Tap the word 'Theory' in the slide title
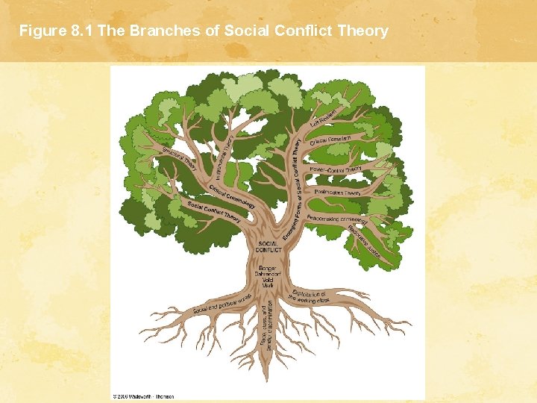363,31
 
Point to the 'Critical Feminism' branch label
330,140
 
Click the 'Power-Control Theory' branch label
336,169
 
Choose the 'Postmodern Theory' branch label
338,193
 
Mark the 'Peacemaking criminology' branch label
337,219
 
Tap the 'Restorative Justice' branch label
364,242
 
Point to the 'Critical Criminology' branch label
232,196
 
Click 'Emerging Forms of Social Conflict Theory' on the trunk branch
291,191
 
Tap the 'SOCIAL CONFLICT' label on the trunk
268,247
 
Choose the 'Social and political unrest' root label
220,304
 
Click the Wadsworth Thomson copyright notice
144,396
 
